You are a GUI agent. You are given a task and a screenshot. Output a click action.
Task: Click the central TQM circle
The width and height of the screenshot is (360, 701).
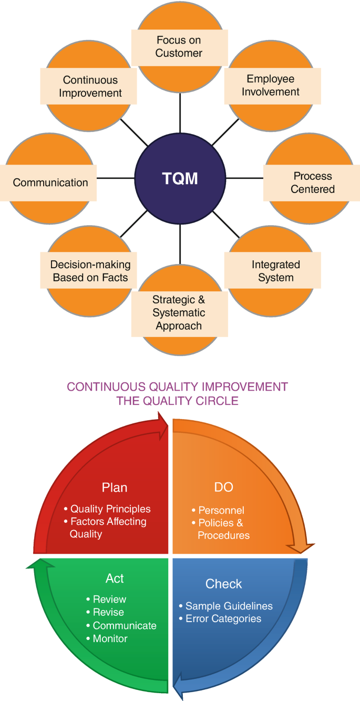point(180,178)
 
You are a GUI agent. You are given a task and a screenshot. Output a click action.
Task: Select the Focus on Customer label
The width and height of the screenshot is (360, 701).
point(179,46)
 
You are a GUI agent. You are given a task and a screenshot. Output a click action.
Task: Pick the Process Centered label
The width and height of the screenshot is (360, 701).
point(312,182)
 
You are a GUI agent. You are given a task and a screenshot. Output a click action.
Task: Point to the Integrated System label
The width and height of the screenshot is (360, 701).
point(275,271)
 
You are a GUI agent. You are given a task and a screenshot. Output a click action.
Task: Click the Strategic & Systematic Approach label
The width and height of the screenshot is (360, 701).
point(179,313)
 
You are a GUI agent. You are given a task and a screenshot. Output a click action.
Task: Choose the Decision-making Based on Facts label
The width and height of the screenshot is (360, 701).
point(90,271)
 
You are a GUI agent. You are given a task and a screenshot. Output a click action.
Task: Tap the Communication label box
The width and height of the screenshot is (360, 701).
point(50,183)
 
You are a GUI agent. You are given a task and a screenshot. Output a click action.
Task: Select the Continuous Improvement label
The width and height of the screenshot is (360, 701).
point(90,87)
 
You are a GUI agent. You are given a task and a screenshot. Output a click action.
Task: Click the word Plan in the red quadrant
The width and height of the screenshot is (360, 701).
point(115,487)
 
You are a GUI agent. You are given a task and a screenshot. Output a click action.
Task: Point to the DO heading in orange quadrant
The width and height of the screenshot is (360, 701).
point(223,487)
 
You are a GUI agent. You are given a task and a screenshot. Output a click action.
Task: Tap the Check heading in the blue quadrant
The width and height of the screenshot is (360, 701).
point(224,584)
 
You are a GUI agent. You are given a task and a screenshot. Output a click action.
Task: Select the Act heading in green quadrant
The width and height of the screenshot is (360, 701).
point(115,578)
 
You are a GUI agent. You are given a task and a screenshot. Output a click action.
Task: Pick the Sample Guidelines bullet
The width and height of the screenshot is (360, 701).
point(225,606)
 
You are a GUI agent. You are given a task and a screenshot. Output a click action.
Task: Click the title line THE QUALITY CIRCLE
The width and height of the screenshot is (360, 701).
point(178,401)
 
